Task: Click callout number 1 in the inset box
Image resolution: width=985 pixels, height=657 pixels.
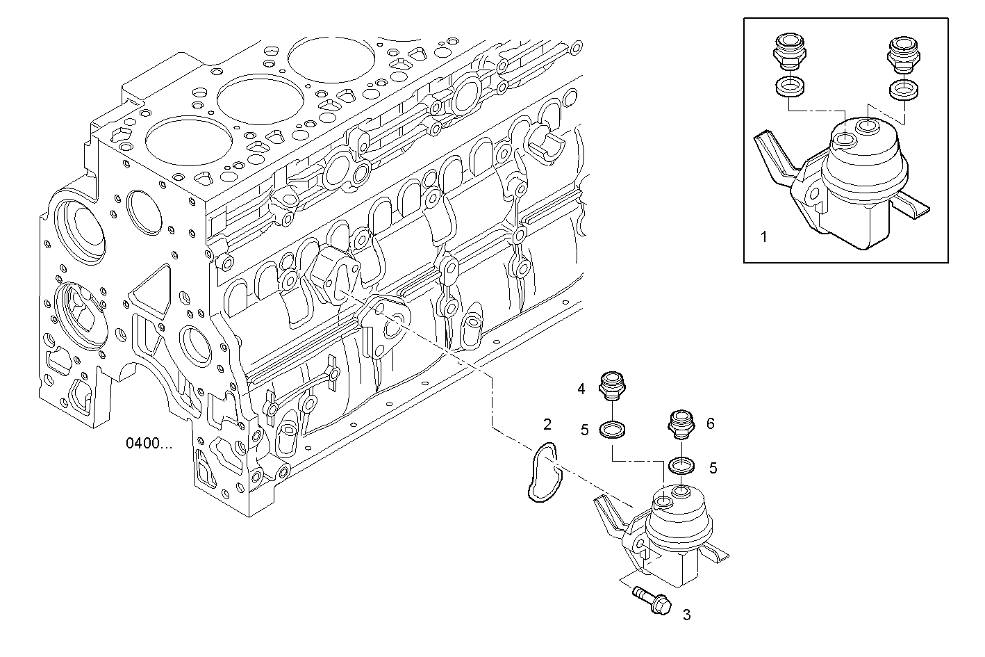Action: (763, 237)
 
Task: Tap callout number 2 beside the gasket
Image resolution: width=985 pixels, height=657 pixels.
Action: (547, 424)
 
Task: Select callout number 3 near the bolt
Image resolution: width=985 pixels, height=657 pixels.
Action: (686, 615)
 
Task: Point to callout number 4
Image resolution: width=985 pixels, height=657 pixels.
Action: (581, 389)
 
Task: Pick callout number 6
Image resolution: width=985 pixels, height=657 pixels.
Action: (710, 423)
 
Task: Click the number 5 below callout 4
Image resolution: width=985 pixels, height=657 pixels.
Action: (585, 430)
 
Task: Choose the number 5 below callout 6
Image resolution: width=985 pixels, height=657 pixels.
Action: (713, 468)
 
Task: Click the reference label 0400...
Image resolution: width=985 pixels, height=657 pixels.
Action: (149, 443)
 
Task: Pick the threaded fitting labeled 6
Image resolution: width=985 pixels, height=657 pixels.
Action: (679, 423)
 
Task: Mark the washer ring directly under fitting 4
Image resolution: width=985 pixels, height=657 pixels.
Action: (612, 430)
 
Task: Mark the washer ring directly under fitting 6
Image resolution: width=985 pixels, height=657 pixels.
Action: (680, 465)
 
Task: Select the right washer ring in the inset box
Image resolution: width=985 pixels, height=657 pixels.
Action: (902, 89)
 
